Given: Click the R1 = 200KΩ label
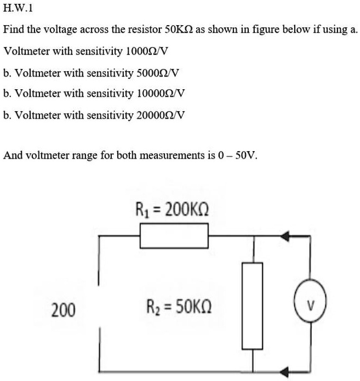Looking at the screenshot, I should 172,210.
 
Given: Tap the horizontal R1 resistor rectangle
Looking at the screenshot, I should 174,236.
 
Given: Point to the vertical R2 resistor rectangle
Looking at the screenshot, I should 253,305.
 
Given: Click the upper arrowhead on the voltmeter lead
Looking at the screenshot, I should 285,237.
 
